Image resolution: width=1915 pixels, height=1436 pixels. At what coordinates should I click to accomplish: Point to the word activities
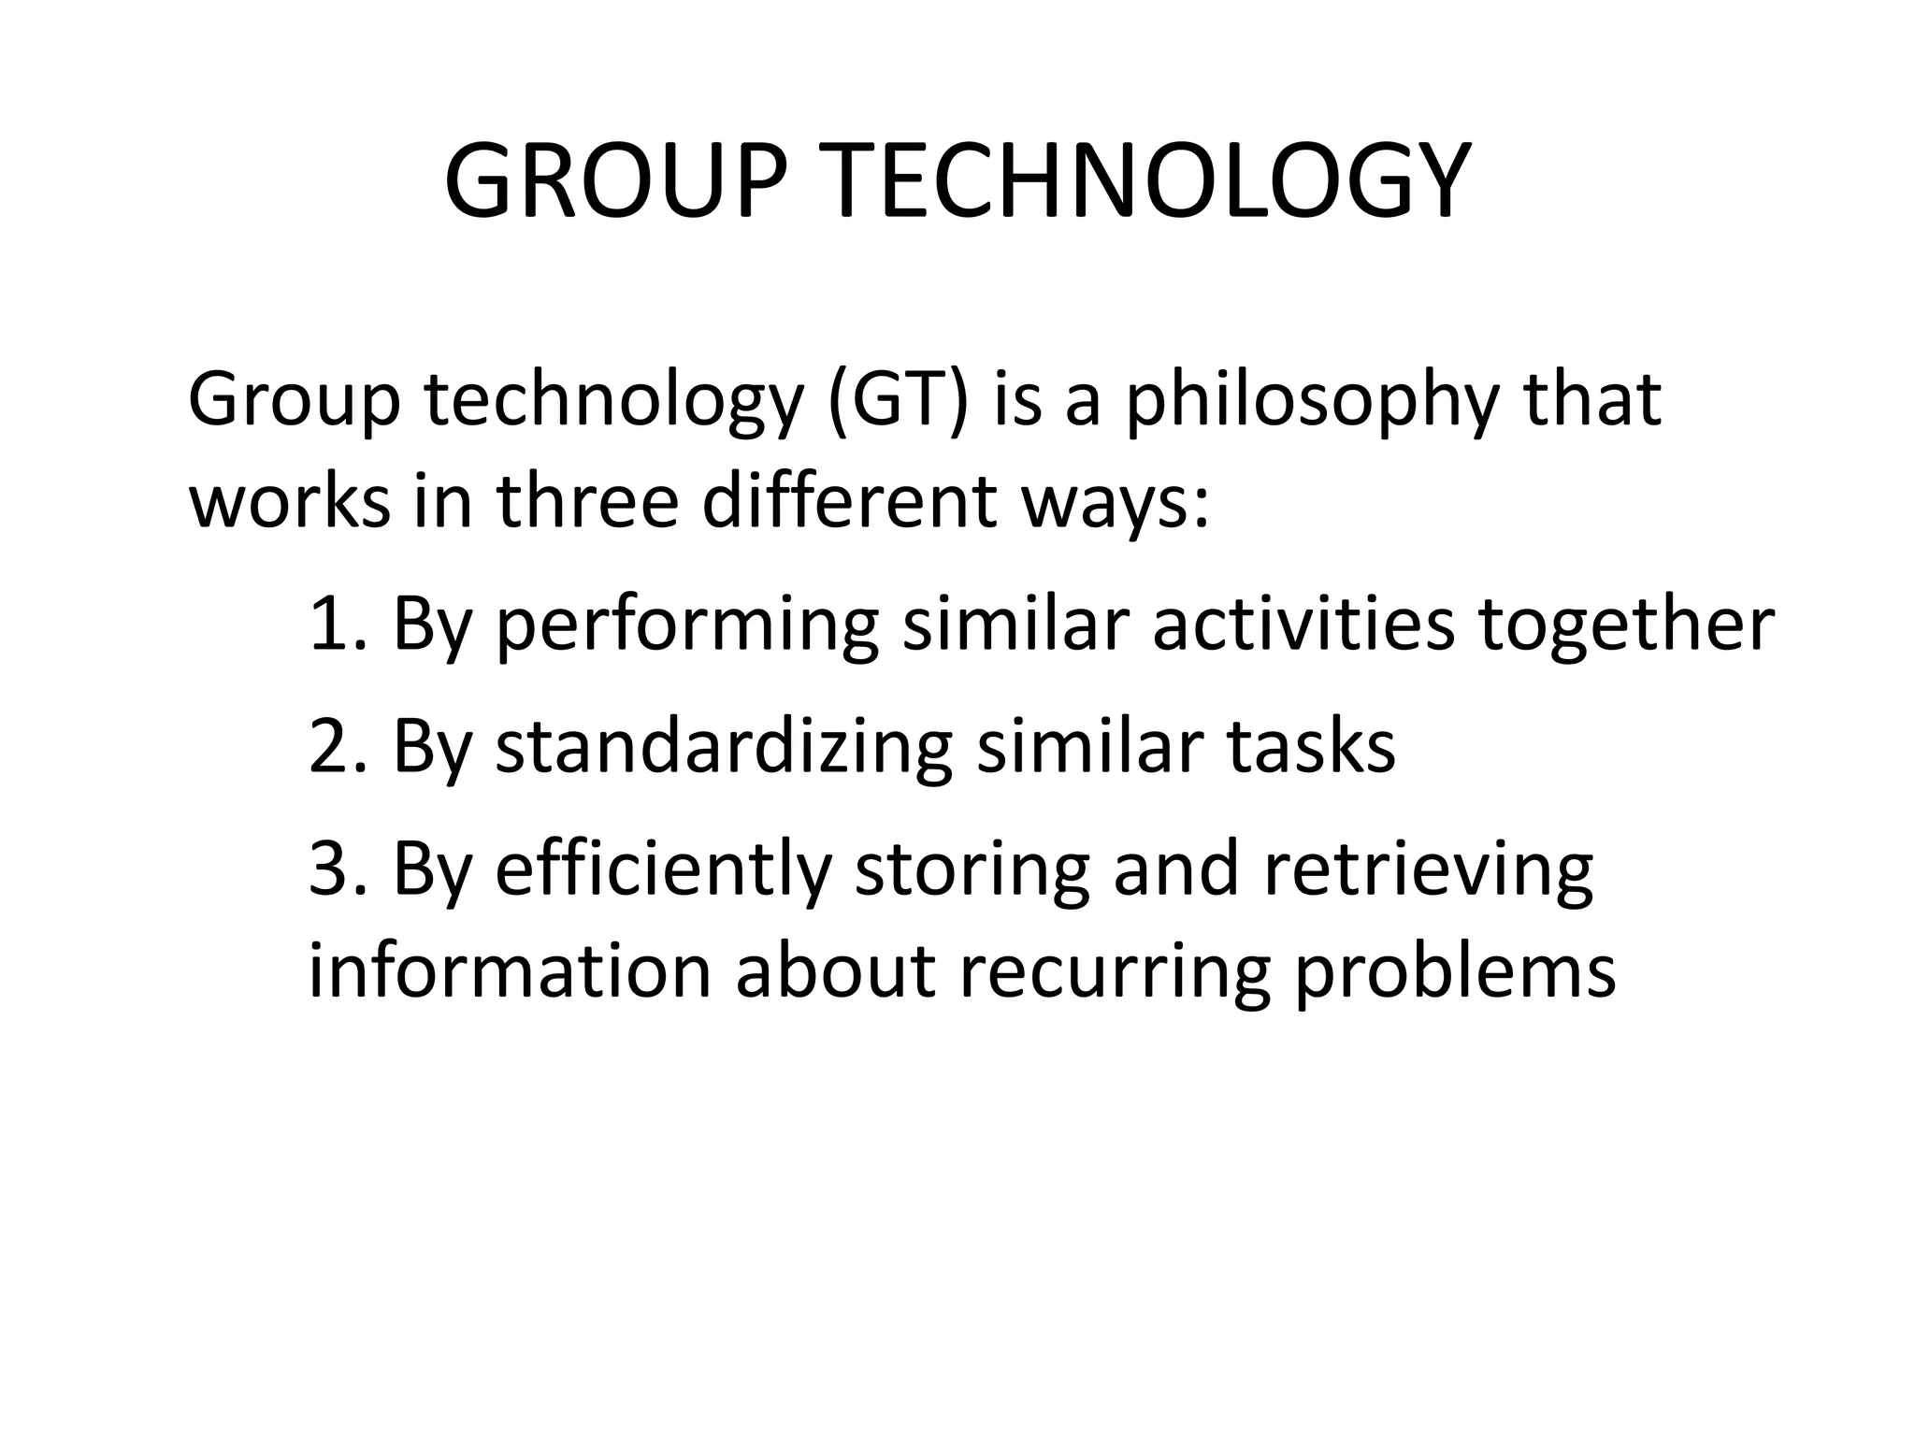point(1303,624)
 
